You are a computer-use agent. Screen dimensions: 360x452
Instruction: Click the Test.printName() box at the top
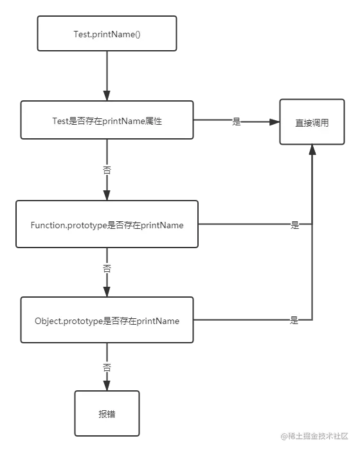(107, 33)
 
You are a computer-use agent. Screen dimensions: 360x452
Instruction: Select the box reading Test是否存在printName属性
(107, 120)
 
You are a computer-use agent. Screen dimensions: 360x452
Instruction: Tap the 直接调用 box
(312, 122)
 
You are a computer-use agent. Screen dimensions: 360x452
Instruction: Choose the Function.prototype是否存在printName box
(107, 224)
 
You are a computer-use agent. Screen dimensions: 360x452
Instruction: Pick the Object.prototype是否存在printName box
(107, 320)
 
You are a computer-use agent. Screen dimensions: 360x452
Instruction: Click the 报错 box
(107, 413)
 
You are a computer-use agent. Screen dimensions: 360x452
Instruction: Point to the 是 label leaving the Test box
(237, 122)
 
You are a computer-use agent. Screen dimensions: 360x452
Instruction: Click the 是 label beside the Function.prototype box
(294, 225)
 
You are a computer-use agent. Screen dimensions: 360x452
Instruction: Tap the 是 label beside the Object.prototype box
(294, 320)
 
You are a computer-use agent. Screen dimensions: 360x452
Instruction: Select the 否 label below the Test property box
(107, 170)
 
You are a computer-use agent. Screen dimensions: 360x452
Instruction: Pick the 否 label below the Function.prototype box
(107, 269)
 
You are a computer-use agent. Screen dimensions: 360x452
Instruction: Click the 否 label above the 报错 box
(107, 368)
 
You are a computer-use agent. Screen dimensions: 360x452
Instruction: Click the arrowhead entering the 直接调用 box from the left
(274, 122)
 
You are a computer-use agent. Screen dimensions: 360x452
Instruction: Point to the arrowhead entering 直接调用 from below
(312, 150)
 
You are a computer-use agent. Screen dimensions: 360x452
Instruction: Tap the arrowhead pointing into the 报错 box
(107, 385)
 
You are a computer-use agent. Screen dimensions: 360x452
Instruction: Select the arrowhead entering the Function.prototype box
(107, 195)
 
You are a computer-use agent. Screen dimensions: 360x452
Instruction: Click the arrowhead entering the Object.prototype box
(107, 292)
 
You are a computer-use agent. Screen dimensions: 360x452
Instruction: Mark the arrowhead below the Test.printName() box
(107, 95)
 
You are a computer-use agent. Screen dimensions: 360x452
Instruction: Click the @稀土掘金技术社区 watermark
(314, 436)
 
